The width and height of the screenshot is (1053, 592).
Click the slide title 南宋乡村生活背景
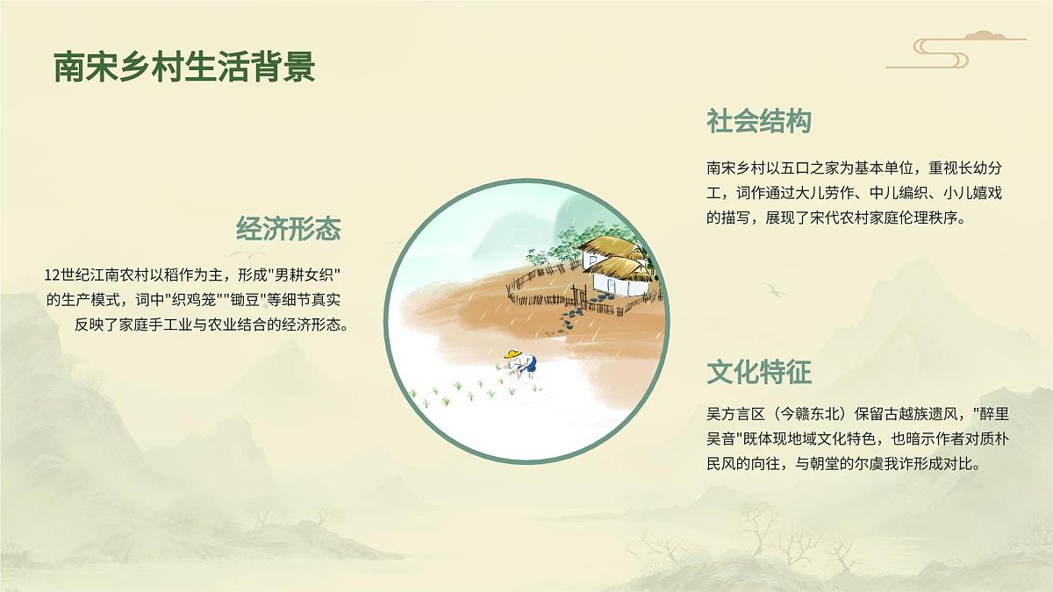184,68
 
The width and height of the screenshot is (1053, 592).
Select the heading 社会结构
759,122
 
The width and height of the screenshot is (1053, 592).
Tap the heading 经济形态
289,230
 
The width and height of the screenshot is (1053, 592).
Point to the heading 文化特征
759,373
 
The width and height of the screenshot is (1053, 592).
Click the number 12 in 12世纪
52,275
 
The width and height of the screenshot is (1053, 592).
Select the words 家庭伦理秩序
913,218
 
